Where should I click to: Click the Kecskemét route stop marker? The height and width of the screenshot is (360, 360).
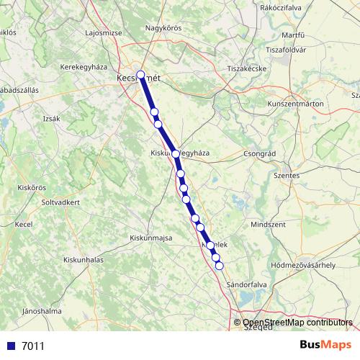(x=140, y=74)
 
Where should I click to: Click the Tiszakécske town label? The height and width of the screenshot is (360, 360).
(x=248, y=68)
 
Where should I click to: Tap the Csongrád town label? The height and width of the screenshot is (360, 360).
(x=261, y=153)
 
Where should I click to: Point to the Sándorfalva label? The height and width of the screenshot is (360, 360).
(x=248, y=285)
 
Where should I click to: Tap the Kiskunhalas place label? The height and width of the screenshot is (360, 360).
(x=85, y=258)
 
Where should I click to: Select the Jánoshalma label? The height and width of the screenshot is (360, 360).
(x=41, y=312)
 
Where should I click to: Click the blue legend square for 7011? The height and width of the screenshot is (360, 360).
(x=10, y=346)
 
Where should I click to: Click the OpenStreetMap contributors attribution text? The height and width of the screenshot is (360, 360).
(x=297, y=323)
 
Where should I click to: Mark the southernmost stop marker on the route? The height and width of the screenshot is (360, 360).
(x=220, y=266)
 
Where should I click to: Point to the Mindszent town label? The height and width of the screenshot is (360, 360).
(x=268, y=225)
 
